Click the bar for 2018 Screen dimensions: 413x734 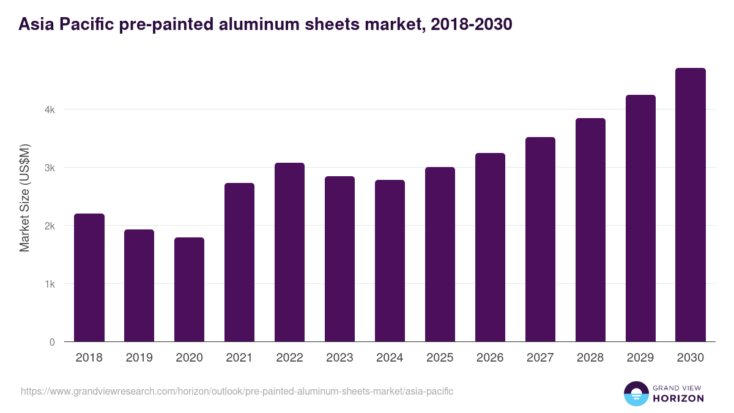point(89,278)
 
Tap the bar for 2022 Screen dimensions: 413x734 point(289,252)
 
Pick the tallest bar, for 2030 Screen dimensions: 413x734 point(691,205)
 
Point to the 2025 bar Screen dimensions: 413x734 point(440,255)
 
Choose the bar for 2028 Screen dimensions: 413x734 point(590,230)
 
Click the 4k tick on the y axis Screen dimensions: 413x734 point(50,110)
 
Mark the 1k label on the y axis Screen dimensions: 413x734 point(50,285)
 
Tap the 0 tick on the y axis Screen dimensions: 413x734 point(52,342)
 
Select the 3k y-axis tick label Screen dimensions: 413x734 point(50,168)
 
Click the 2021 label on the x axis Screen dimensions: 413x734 point(239,358)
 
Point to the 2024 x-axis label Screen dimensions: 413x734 point(390,358)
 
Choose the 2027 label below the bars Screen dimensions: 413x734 point(540,358)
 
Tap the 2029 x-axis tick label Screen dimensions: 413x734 point(640,358)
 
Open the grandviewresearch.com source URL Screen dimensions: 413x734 point(237,391)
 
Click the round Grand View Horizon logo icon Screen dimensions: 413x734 point(636,393)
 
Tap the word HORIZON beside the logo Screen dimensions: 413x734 point(678,398)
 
